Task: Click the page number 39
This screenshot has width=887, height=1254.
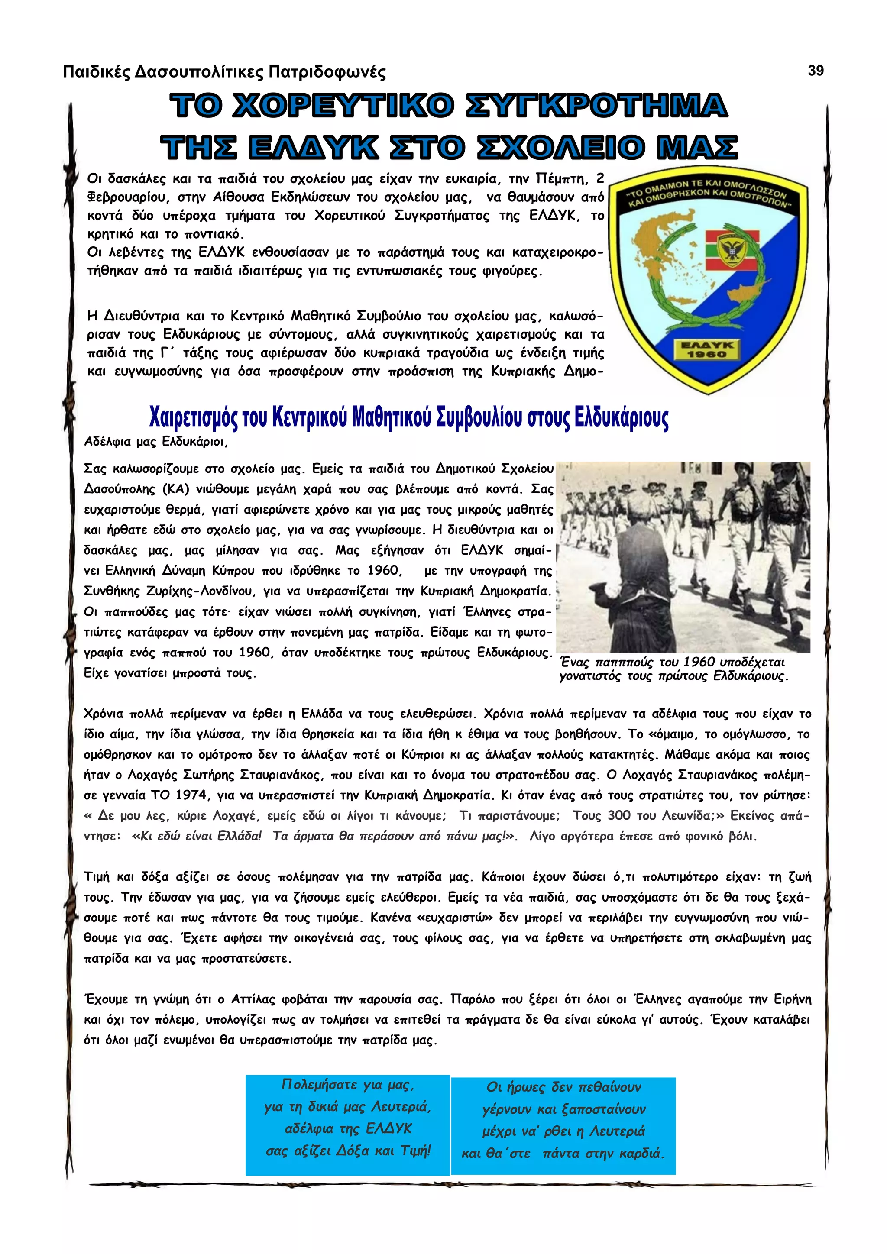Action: (816, 71)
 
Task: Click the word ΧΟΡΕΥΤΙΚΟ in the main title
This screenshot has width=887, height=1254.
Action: (343, 105)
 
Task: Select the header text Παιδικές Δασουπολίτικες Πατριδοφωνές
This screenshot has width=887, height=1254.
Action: (224, 71)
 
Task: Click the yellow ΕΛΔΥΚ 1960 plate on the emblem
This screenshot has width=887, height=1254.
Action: (707, 349)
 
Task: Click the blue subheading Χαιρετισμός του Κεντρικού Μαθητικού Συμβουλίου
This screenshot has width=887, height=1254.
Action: (408, 418)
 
